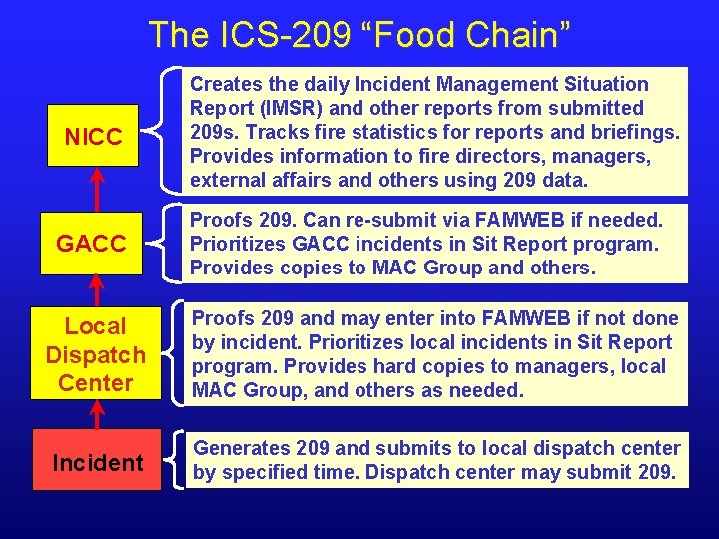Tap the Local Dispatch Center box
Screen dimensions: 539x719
(x=96, y=354)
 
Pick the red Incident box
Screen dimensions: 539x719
(x=97, y=463)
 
